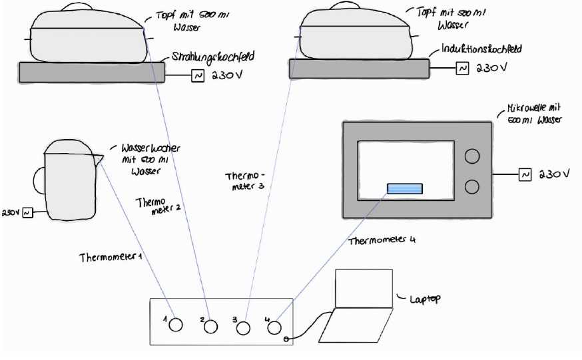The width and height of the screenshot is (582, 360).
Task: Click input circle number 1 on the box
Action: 175,325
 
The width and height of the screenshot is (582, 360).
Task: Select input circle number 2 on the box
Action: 211,326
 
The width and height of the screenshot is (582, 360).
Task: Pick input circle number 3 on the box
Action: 244,327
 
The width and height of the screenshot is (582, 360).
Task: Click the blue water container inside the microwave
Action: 405,189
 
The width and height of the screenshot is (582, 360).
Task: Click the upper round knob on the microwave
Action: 472,156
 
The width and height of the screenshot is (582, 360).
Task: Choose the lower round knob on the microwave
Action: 472,186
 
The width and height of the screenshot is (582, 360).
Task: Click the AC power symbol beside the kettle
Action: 27,213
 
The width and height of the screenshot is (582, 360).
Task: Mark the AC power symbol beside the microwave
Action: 525,174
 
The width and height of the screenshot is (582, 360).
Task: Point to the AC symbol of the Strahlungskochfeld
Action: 198,77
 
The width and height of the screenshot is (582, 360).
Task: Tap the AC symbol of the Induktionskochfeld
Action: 461,68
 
